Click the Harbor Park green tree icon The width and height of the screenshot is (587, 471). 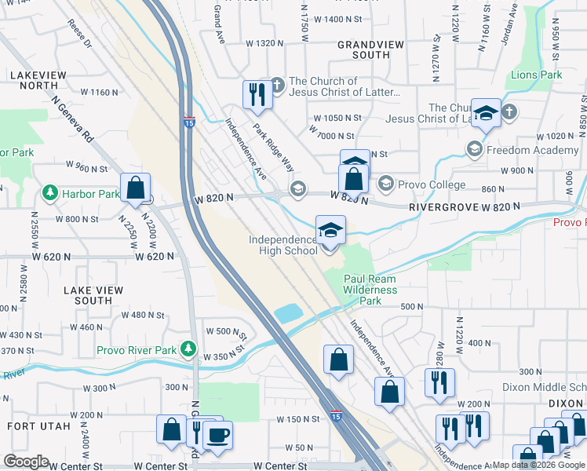49,192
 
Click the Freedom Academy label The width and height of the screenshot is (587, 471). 533,150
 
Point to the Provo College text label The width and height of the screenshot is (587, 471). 431,185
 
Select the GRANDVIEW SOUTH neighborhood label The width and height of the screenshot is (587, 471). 363,50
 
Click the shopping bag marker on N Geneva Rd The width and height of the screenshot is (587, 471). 136,189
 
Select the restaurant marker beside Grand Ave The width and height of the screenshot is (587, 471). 257,96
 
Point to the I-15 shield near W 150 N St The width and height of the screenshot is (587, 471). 335,414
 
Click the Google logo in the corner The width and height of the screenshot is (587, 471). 27,461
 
